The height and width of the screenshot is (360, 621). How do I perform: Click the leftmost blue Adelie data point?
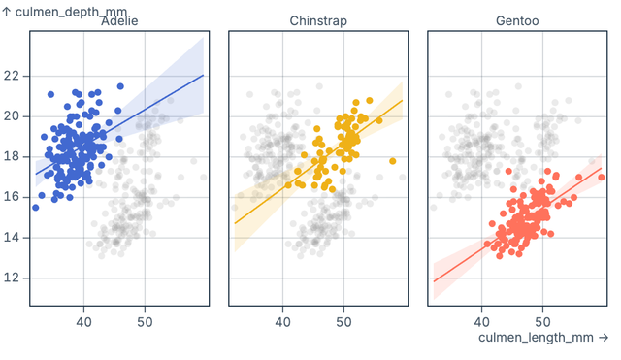point(36,207)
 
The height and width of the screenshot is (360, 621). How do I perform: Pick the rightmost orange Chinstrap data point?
point(393,161)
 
